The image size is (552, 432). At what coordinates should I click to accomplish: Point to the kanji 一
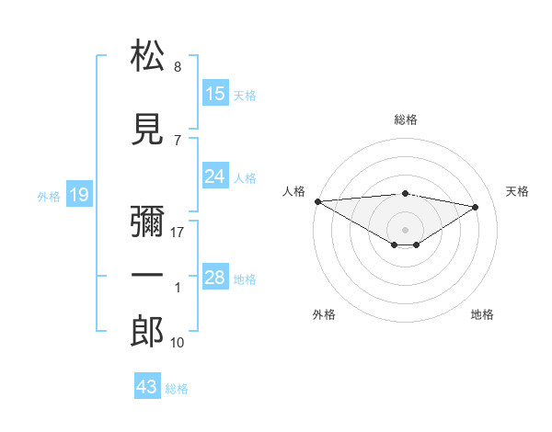point(148,277)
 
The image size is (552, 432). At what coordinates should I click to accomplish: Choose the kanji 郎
point(148,332)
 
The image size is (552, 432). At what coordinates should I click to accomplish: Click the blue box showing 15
point(214,94)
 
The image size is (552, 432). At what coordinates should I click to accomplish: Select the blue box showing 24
point(214,176)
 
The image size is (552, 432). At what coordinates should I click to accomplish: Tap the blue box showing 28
point(214,278)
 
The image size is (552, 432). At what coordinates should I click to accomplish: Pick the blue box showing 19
point(78,194)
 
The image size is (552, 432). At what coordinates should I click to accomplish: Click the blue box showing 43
point(146,387)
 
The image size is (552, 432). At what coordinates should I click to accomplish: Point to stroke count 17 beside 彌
point(178,233)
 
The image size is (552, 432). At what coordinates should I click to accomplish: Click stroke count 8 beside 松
point(177,67)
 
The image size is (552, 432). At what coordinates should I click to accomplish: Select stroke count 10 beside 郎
point(178,343)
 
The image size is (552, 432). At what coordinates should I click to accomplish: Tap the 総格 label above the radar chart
point(405,119)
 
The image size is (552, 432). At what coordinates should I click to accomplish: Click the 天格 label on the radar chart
point(517,191)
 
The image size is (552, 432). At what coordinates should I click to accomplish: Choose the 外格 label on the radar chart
point(323,314)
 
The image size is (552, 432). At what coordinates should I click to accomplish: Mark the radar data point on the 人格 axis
point(317,201)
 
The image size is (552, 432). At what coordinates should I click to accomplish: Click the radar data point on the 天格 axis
point(476,206)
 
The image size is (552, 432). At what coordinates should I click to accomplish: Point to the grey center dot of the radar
point(405,229)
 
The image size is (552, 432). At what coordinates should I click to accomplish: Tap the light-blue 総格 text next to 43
point(177,389)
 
